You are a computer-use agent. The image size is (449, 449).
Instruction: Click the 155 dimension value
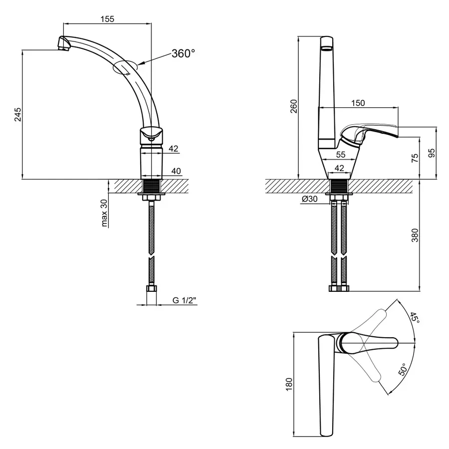point(107,19)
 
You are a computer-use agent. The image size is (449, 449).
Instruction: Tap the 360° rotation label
point(183,53)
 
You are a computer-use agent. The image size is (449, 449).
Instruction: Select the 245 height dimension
point(18,114)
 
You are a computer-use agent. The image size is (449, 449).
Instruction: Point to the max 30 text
point(105,213)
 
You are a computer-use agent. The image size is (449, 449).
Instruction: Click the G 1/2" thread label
point(184,300)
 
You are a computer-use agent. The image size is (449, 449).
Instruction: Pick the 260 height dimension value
point(294,106)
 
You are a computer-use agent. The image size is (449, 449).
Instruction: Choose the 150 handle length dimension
point(358,103)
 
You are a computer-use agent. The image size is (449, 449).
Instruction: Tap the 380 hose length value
point(415,235)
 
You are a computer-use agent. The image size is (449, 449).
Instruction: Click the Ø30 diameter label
point(309,199)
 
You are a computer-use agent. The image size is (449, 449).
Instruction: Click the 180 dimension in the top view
point(289,384)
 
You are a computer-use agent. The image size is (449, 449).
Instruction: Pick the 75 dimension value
point(415,158)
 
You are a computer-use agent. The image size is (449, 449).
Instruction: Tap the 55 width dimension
point(340,155)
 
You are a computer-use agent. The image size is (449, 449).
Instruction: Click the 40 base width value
point(176,171)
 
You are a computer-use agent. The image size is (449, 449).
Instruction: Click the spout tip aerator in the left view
point(63,44)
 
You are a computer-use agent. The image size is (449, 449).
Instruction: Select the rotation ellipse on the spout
point(126,67)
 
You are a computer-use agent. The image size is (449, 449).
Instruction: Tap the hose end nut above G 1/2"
point(152,288)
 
